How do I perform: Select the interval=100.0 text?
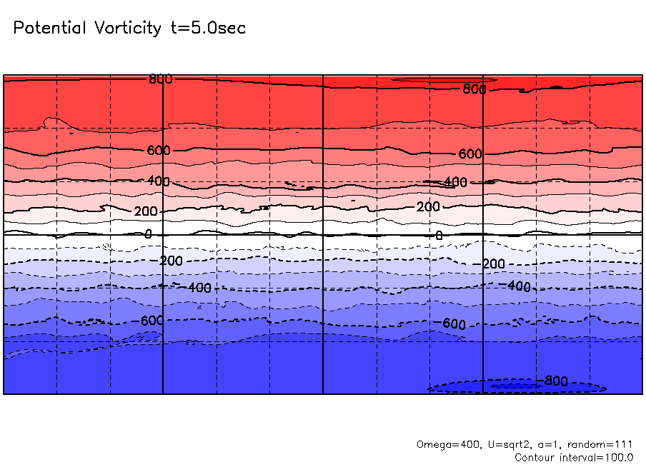pos(597,457)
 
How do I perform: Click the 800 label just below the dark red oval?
pos(474,89)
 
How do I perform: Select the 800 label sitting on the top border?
pos(160,79)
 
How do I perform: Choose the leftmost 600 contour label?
pos(159,151)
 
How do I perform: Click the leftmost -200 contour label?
pos(171,261)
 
